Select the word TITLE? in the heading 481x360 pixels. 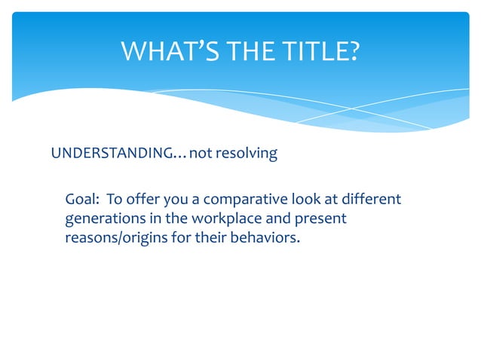click(317, 51)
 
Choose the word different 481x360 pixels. click(372, 200)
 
